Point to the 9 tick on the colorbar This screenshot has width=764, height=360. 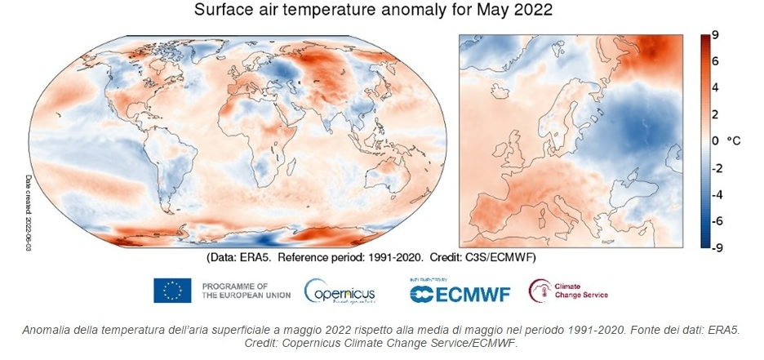714,35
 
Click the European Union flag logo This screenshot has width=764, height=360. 172,290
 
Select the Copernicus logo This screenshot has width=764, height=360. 340,291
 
